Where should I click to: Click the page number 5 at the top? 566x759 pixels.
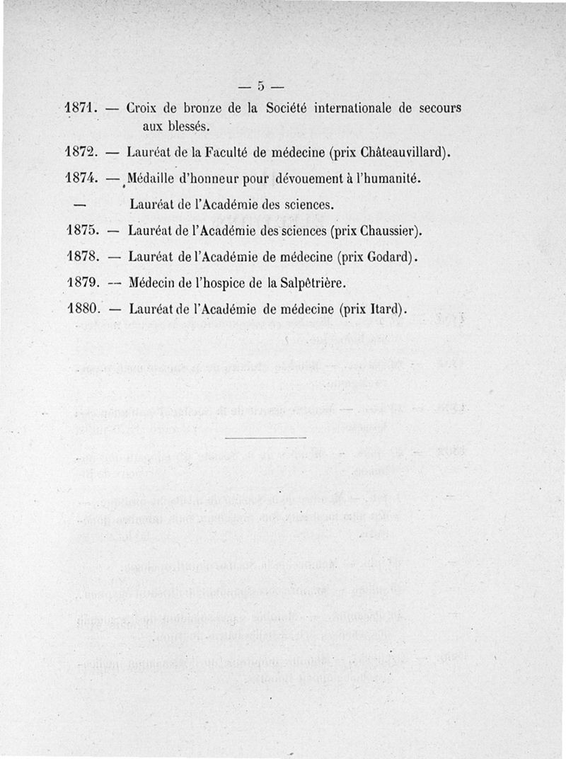(x=260, y=87)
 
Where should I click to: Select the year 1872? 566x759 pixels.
(x=80, y=152)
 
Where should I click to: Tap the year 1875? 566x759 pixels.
(x=80, y=230)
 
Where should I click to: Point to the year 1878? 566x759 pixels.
(x=80, y=256)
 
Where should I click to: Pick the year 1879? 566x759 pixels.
(x=80, y=283)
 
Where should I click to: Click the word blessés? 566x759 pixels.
(x=186, y=127)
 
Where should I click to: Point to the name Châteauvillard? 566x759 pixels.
(x=402, y=152)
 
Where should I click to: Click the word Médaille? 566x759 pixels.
(x=156, y=178)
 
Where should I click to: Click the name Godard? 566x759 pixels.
(x=388, y=256)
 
